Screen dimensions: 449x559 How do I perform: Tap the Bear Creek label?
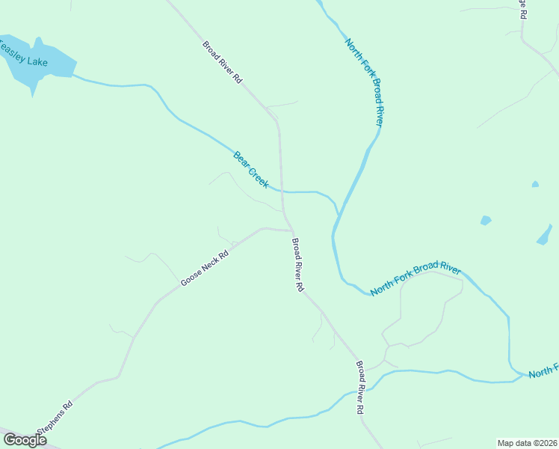251,170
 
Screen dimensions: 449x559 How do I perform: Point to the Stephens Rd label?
57,418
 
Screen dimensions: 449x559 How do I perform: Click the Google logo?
24,440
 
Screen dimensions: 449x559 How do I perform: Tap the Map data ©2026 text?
528,443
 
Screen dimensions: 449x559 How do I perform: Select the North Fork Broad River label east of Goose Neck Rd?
416,278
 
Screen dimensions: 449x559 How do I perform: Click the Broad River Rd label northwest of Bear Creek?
223,62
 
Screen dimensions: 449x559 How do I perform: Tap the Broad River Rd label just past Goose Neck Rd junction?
298,265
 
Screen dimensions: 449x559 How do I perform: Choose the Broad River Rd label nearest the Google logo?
360,388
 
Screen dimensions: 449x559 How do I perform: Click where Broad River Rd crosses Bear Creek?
282,192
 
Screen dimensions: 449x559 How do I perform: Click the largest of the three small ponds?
545,236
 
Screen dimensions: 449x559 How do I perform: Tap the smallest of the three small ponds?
535,183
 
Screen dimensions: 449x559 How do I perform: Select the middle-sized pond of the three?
486,221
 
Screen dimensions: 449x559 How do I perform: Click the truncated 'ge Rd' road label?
524,8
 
